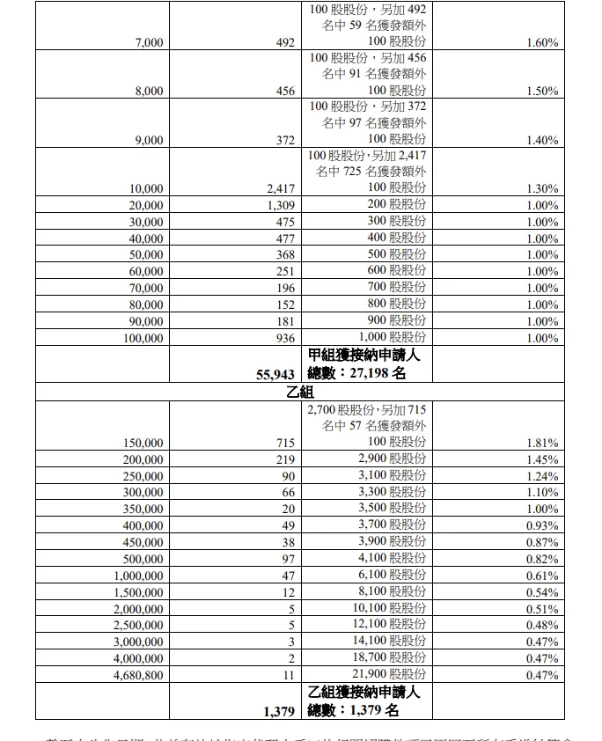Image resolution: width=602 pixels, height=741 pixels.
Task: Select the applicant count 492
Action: tap(283, 42)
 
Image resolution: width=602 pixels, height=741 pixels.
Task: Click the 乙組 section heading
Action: tap(300, 393)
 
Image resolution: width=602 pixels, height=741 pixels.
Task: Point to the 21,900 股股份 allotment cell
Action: tap(388, 674)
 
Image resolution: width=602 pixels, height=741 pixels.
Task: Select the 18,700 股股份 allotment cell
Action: tap(388, 658)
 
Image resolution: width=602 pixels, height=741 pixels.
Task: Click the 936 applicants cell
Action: tap(283, 338)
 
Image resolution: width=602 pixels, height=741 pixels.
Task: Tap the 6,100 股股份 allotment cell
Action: tap(392, 576)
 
